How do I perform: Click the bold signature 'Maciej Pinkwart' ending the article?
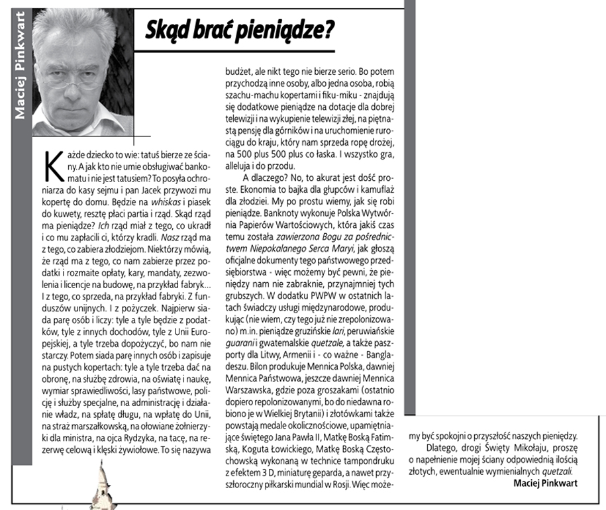coord(545,482)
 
